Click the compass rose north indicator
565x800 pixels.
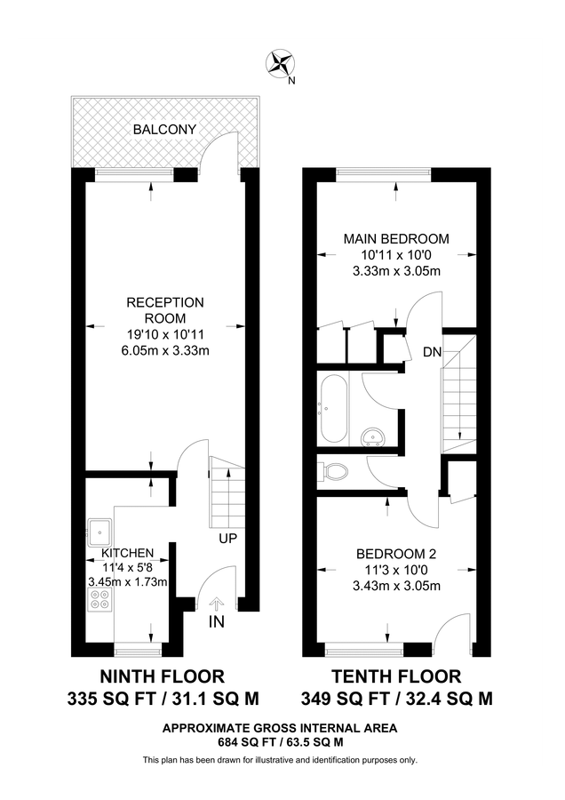tap(282, 63)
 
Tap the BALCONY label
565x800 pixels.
tap(164, 130)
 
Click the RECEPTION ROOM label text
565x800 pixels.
tap(164, 310)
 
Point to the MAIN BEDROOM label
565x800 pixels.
tap(396, 238)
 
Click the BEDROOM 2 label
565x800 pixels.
tap(396, 553)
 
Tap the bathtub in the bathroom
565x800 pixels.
tap(334, 408)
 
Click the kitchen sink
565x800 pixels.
tap(102, 530)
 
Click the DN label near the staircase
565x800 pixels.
tap(432, 352)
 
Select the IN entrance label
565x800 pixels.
tap(217, 622)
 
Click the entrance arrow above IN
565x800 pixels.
tap(216, 604)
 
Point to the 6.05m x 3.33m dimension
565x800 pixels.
tap(164, 350)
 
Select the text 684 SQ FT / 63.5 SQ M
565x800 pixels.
tap(279, 740)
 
